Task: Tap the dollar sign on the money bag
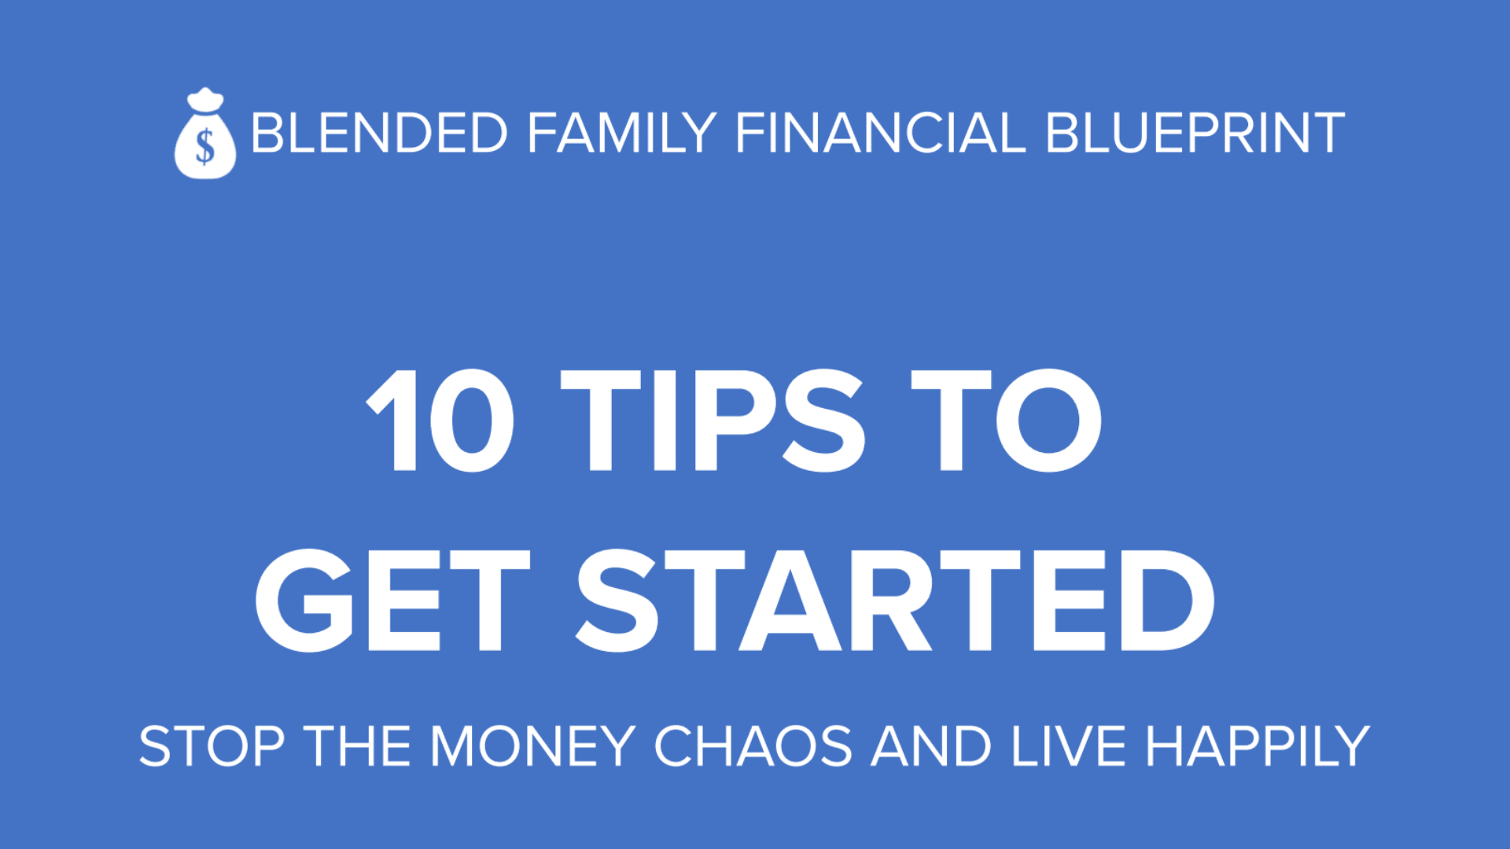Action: point(205,145)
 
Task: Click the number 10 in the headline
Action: point(440,420)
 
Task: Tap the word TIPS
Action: point(713,420)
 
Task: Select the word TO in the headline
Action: point(1007,420)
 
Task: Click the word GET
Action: point(392,601)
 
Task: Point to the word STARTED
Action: point(896,601)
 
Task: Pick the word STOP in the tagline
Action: point(212,746)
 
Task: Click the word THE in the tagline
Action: point(358,746)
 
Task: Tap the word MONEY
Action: point(532,746)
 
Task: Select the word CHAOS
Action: point(753,746)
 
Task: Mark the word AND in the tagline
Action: point(931,746)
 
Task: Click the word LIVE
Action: point(1069,746)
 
